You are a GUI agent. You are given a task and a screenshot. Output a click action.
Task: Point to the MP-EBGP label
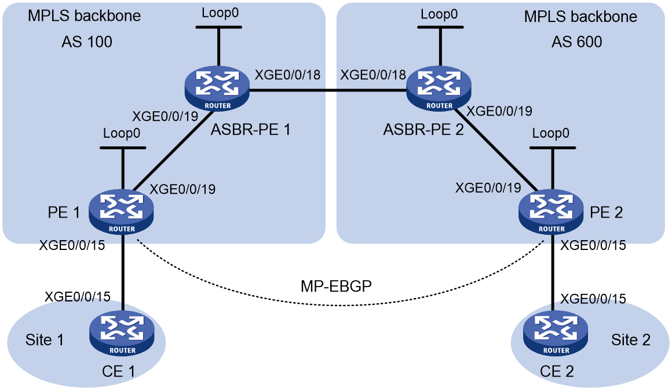coord(336,285)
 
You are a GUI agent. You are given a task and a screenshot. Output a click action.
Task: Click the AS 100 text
coord(87,42)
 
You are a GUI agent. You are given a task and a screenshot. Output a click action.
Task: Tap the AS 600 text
coord(577,42)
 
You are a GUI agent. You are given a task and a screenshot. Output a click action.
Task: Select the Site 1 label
coord(45,340)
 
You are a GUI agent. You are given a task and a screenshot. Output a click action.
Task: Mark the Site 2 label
coord(631,340)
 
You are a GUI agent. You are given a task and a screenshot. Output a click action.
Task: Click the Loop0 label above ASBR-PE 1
coord(220,13)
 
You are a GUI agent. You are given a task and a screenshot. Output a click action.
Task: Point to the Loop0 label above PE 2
coord(551,133)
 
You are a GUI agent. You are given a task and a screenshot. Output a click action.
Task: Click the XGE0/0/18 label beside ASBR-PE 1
coord(287,75)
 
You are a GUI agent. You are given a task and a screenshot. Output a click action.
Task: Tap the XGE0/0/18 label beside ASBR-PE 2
coord(373,75)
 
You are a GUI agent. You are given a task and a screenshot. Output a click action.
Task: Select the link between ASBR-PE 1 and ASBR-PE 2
coord(328,90)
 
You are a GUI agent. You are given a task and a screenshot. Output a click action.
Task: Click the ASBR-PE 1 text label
coord(251,129)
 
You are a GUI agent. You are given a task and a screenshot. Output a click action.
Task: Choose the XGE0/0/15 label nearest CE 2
coord(593,299)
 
